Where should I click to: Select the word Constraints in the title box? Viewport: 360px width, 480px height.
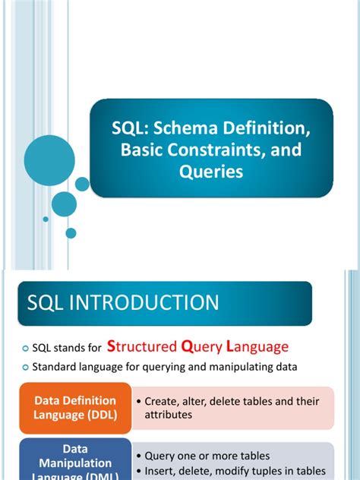[204, 150]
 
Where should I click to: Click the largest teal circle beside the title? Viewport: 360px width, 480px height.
[49, 160]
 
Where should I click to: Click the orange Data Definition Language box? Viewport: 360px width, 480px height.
[74, 408]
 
